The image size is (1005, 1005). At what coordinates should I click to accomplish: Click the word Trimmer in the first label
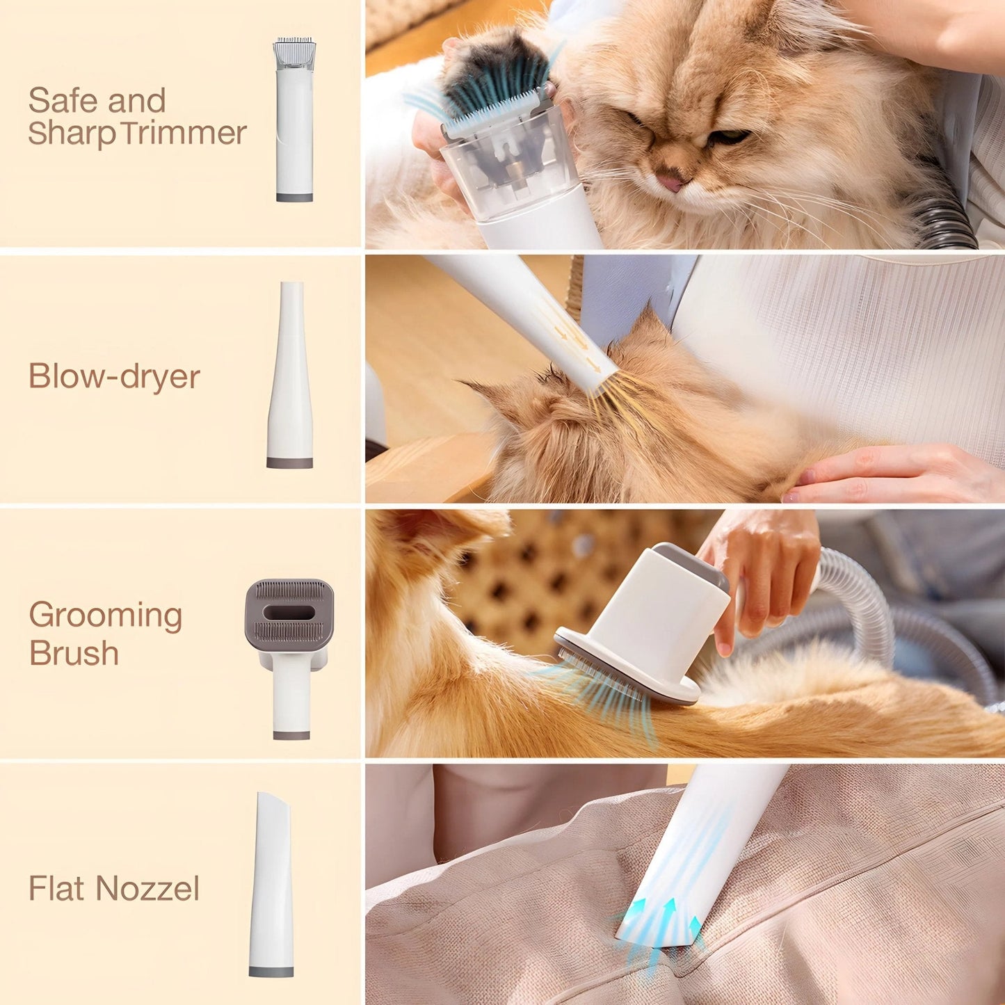(184, 133)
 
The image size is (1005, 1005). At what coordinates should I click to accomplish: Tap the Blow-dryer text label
(114, 377)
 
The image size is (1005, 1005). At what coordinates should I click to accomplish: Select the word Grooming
(106, 616)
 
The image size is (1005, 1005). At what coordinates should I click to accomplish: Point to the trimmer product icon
(294, 120)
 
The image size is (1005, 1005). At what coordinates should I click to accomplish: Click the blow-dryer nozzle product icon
(290, 376)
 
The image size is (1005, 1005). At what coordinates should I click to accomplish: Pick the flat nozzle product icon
(271, 883)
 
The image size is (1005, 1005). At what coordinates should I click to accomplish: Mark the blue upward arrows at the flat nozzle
(668, 915)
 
